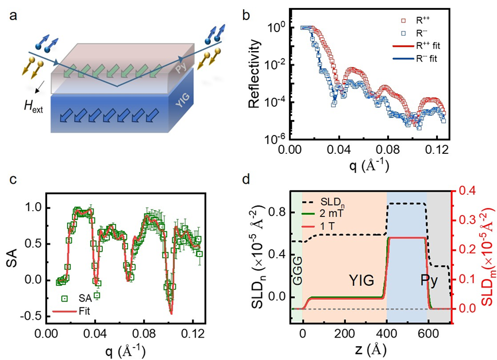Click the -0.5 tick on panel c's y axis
32,316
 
